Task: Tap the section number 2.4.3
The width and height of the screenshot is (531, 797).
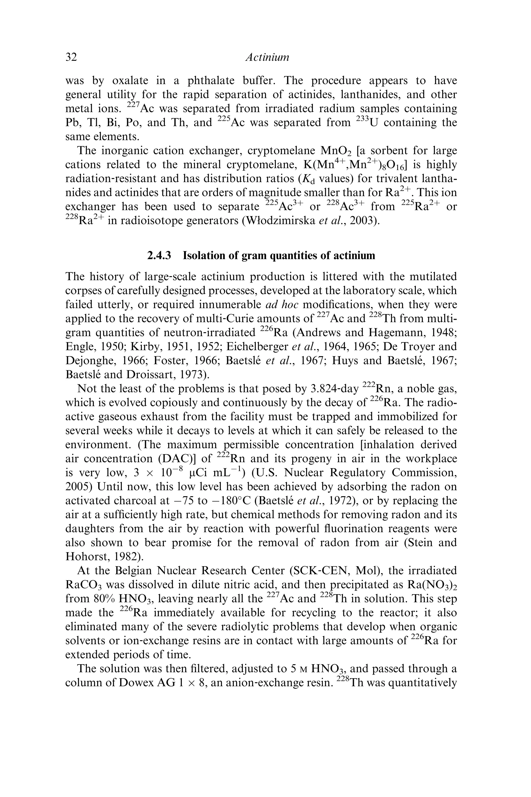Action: (x=159, y=255)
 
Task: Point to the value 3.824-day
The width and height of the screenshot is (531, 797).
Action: (x=334, y=389)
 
